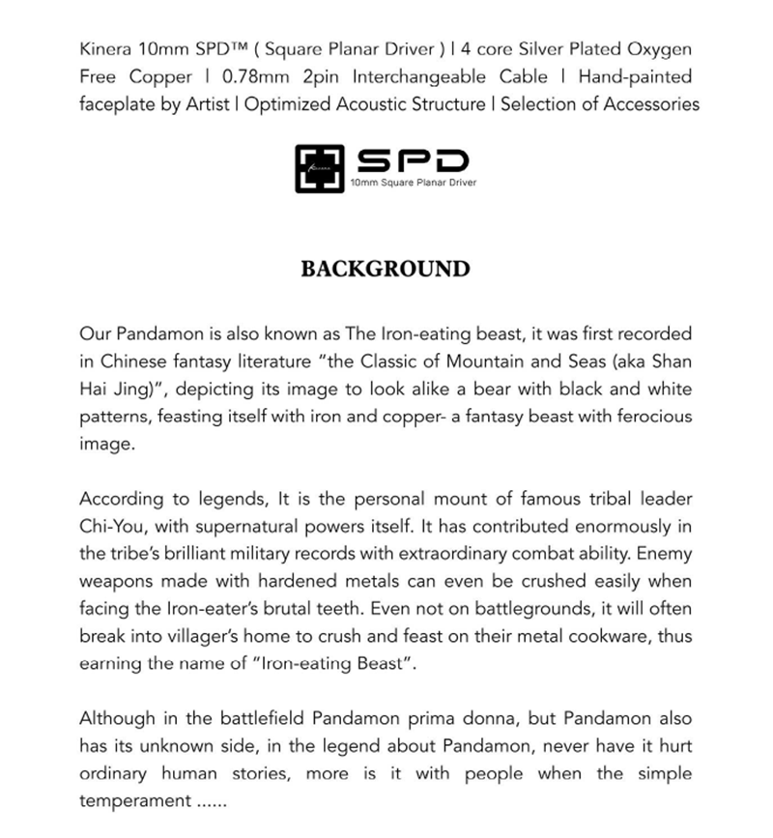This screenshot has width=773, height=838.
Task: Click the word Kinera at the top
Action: click(x=107, y=49)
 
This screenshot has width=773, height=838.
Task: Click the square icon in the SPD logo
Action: click(x=319, y=170)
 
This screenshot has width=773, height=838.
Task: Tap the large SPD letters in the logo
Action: click(x=413, y=159)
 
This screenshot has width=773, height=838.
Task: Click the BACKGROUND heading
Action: click(x=386, y=269)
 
